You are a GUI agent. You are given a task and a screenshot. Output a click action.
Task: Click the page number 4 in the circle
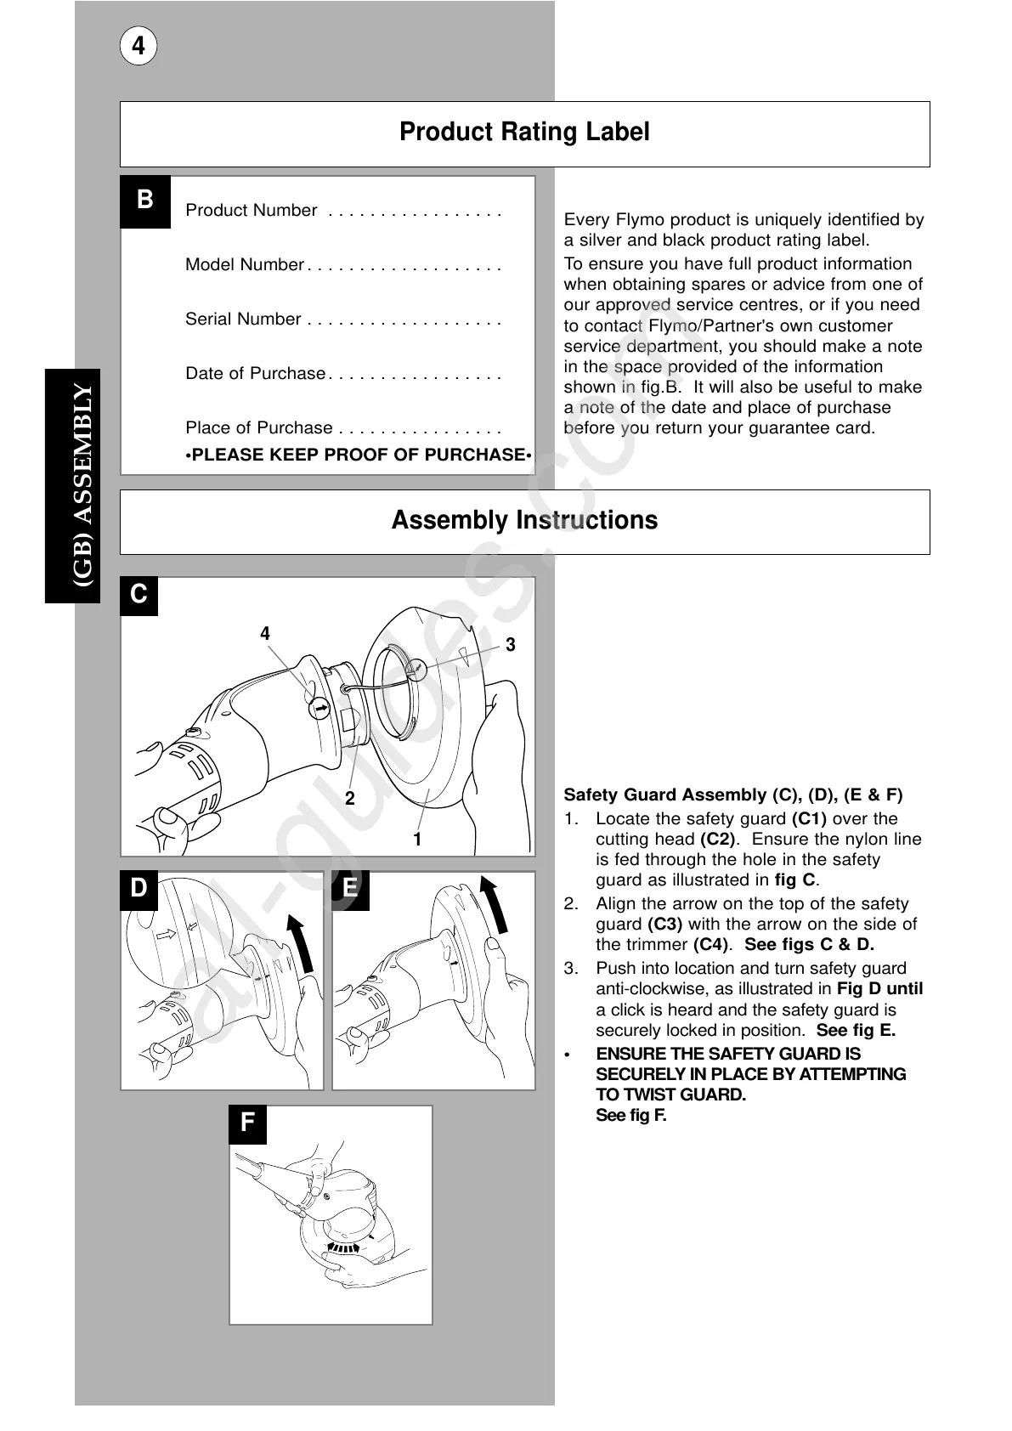[139, 46]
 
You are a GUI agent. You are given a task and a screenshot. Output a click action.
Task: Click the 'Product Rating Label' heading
[524, 133]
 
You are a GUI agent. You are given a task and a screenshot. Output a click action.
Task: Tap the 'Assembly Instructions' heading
[524, 521]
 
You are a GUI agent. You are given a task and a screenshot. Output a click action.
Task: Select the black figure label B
[145, 201]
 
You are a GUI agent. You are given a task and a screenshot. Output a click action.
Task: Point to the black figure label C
[139, 595]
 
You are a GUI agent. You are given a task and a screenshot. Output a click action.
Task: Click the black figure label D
[139, 889]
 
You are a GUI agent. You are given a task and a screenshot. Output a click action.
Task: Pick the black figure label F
[248, 1123]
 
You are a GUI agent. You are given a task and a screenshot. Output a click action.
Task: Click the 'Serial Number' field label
[243, 320]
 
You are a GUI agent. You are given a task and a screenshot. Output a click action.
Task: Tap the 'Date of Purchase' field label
[255, 374]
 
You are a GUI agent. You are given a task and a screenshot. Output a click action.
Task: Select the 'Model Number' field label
[244, 265]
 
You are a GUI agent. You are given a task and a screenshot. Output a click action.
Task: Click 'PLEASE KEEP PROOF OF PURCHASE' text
[359, 455]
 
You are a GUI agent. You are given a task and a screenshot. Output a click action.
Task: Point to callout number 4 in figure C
[265, 634]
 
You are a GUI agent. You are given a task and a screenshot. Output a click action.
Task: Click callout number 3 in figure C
[510, 645]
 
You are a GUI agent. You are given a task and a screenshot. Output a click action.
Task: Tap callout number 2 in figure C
[349, 799]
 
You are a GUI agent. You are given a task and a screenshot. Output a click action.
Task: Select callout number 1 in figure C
[417, 840]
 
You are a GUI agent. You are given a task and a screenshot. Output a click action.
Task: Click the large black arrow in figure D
[301, 943]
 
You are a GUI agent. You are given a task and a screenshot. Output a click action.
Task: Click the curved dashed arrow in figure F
[342, 1247]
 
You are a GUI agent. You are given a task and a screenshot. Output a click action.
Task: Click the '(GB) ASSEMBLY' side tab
[83, 486]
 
